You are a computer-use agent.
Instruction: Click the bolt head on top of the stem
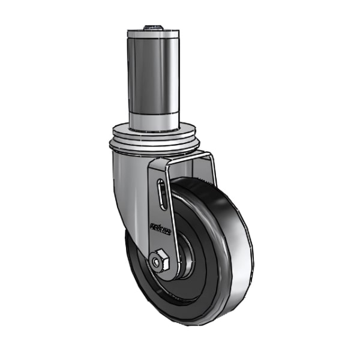[x=154, y=26]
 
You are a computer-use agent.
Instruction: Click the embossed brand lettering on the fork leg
[x=160, y=229]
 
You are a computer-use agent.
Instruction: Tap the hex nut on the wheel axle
[x=160, y=261]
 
